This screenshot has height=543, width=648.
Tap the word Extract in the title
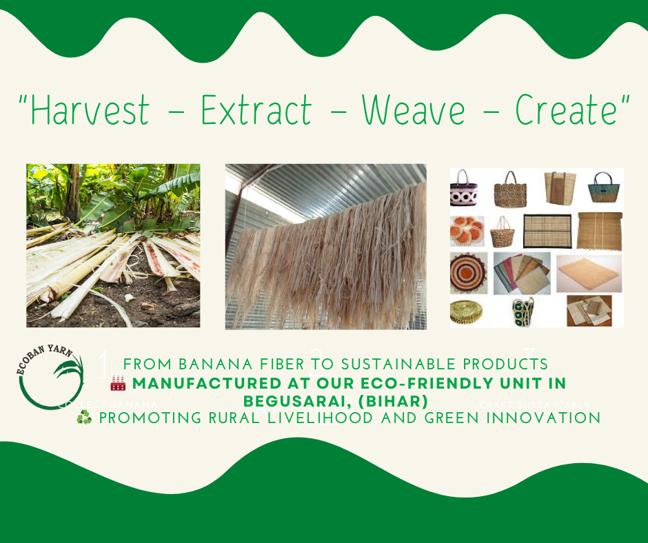coord(256,111)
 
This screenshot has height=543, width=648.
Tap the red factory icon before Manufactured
coord(118,383)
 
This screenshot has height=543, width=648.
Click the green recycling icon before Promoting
coord(84,418)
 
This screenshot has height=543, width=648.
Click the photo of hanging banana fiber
coord(325,246)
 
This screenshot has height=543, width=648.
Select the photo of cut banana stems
coord(113,245)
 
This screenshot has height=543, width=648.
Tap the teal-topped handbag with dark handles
coord(605,188)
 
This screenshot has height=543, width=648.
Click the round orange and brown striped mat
coord(468,271)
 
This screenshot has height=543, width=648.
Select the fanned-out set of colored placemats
coord(521,274)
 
